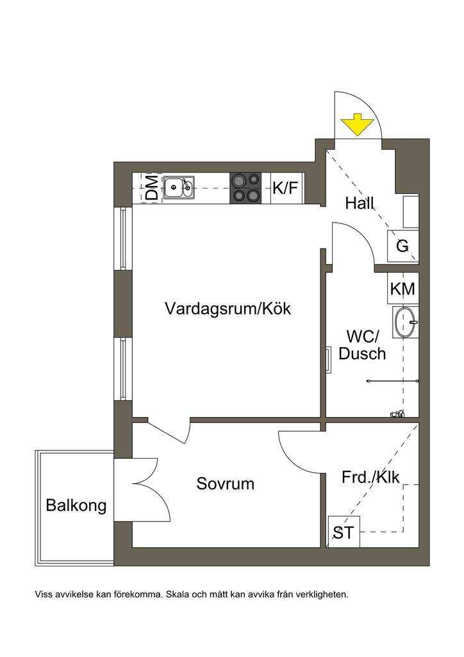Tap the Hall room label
(x=359, y=204)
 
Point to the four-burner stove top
(x=246, y=188)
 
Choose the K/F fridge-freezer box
(x=286, y=188)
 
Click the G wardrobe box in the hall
(x=402, y=246)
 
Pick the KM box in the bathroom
(x=402, y=289)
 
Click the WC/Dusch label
(x=363, y=345)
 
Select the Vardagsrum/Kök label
(x=228, y=309)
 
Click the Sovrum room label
(x=225, y=484)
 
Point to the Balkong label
(x=76, y=506)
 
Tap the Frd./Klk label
(x=370, y=478)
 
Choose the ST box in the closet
(x=343, y=532)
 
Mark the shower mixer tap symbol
(x=397, y=414)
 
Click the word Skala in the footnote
(x=177, y=595)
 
